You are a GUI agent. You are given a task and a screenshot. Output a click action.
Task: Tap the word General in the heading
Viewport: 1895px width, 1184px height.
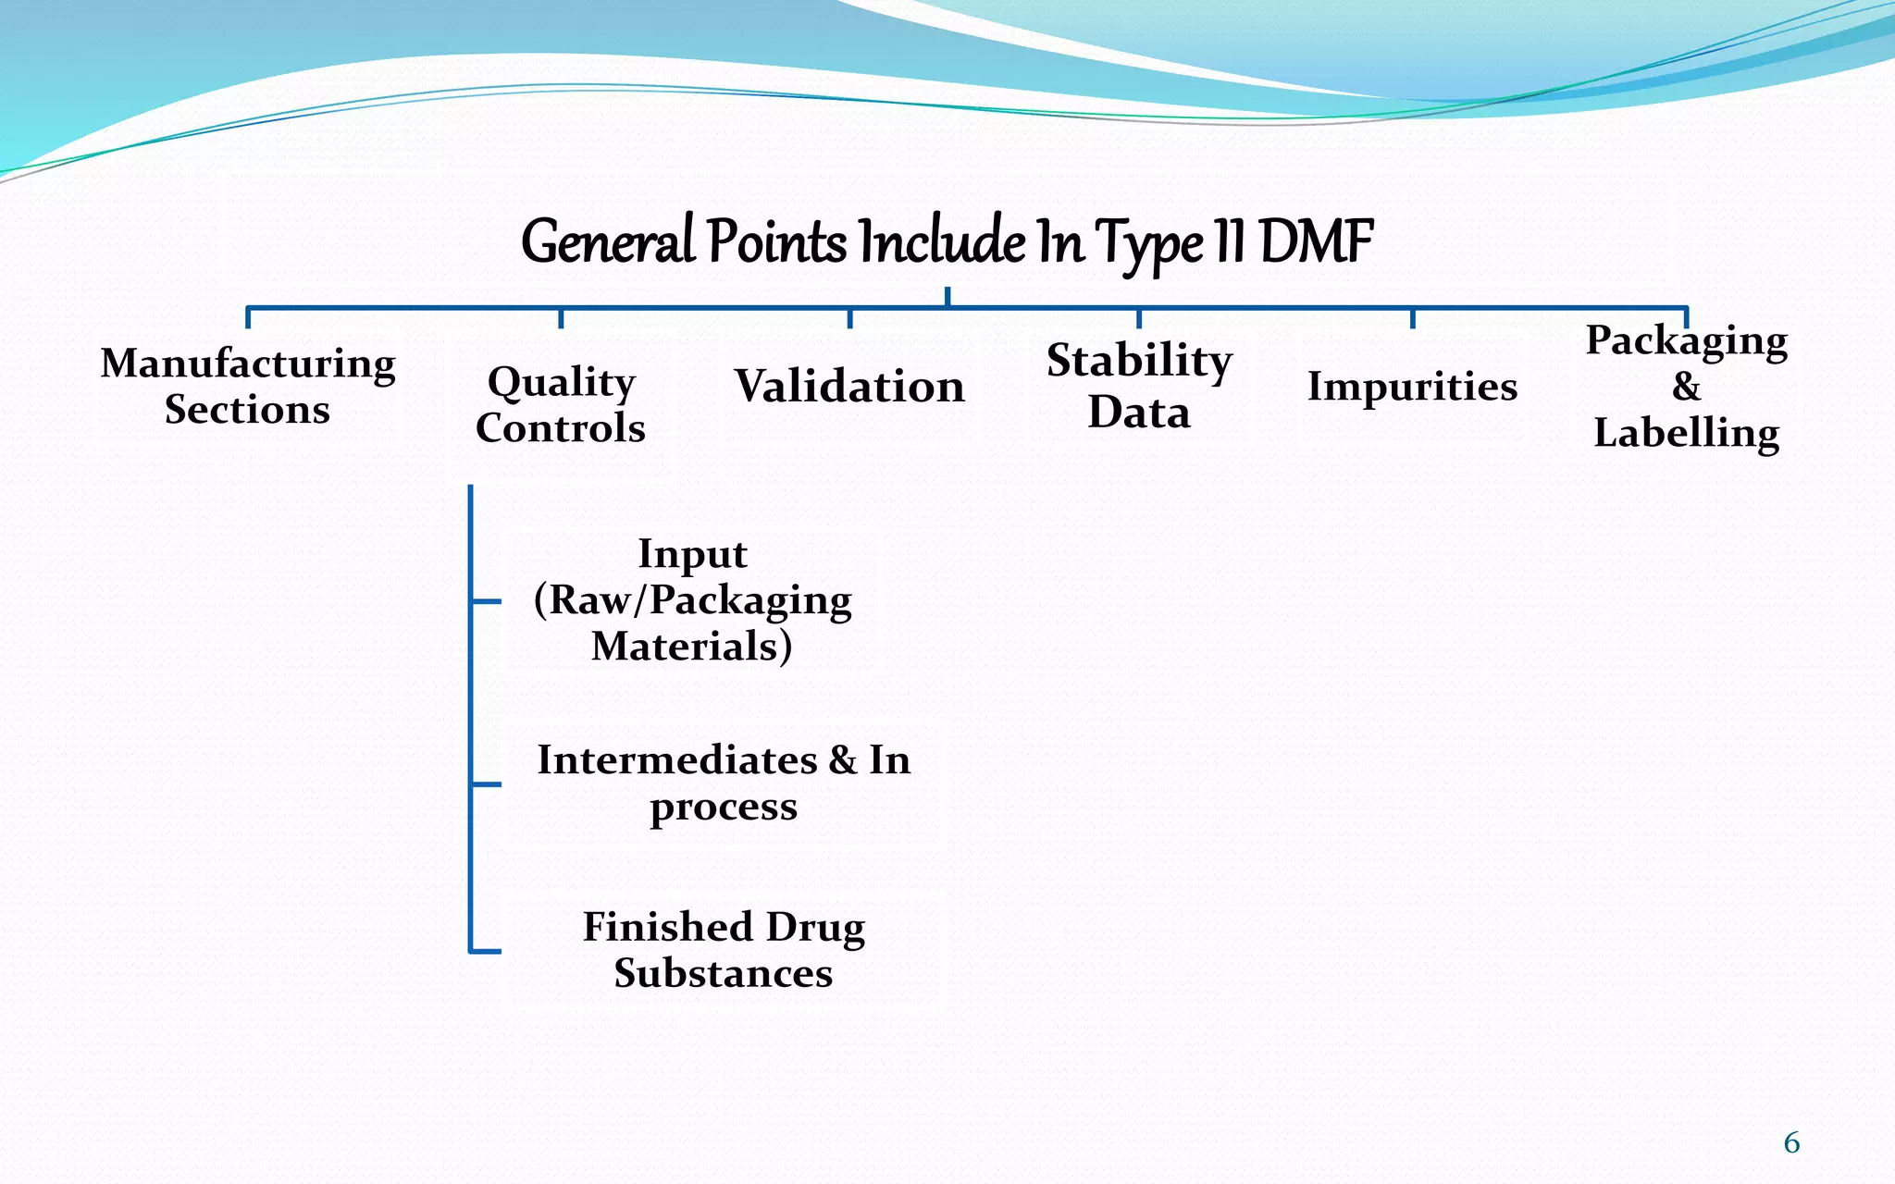608,242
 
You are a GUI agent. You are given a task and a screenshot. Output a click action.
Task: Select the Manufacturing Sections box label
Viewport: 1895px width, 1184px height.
248,386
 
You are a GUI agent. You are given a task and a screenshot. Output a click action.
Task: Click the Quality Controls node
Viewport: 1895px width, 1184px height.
561,404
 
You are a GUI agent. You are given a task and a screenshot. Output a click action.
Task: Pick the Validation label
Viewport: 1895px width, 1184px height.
849,386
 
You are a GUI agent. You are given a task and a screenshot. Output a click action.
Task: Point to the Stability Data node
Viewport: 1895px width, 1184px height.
1139,386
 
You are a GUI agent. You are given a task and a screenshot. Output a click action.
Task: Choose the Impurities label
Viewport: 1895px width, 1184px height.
1412,386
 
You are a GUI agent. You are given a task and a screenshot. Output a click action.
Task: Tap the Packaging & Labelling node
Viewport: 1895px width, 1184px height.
1686,386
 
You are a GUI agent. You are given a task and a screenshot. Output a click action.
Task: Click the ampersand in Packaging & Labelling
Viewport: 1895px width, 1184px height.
1686,386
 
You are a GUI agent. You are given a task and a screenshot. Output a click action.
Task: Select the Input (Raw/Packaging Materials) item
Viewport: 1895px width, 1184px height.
692,599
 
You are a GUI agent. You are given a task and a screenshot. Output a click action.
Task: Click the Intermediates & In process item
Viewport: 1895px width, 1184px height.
724,783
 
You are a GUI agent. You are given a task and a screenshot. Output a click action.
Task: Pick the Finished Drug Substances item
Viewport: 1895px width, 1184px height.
724,950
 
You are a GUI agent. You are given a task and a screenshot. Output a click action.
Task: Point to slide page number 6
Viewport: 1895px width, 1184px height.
1791,1143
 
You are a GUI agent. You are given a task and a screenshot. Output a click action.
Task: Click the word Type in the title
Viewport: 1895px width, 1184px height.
1149,244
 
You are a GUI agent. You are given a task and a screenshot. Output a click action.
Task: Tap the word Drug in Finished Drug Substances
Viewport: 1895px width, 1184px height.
815,927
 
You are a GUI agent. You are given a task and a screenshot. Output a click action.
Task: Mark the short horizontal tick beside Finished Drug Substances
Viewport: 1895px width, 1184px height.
486,951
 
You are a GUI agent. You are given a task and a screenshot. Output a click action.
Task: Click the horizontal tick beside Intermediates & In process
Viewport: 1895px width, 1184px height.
486,784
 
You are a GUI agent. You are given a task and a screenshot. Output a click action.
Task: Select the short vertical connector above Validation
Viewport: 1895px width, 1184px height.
849,318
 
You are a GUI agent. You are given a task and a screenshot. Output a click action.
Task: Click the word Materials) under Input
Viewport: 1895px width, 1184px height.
692,646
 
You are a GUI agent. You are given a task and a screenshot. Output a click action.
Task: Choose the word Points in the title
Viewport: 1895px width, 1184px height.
776,242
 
